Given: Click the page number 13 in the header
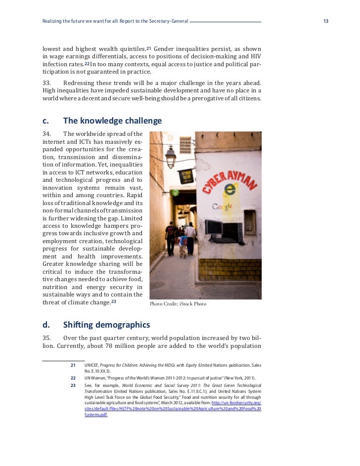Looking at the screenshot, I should click(x=325, y=21).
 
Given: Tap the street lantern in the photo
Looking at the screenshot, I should click(x=171, y=157).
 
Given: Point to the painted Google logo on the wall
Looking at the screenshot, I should click(x=224, y=207).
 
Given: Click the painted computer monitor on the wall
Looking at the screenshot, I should click(x=214, y=227).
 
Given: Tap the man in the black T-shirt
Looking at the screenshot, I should click(x=171, y=237).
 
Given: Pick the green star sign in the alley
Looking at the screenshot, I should click(x=175, y=192).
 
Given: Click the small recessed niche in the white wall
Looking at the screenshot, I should click(x=250, y=221).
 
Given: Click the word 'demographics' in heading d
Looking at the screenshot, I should click(x=119, y=325).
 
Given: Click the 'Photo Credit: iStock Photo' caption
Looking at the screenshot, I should click(x=178, y=304).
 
